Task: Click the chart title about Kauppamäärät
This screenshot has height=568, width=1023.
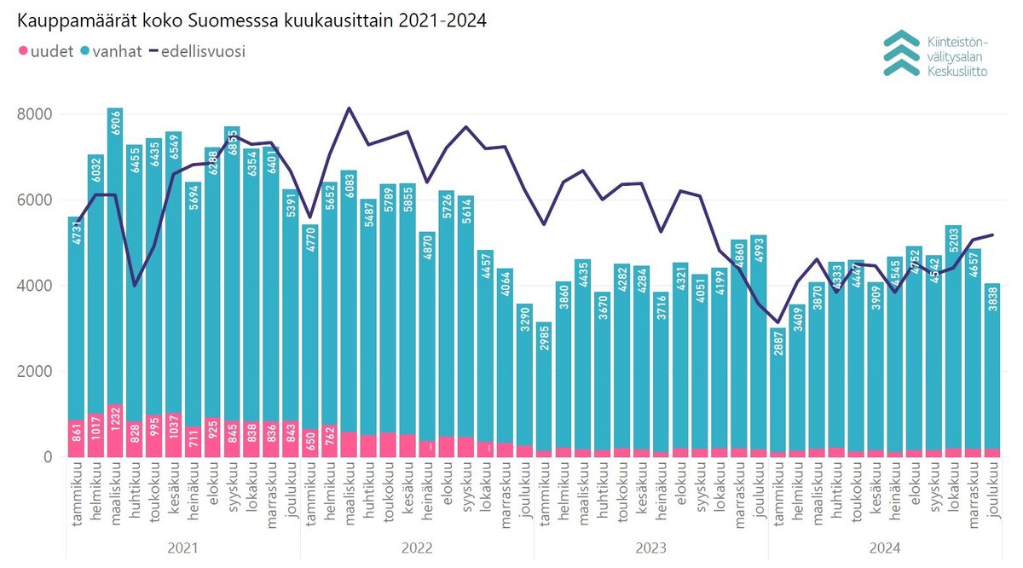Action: [252, 21]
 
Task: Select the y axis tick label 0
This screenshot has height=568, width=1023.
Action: [49, 457]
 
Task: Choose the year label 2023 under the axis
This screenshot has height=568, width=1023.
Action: [651, 548]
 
